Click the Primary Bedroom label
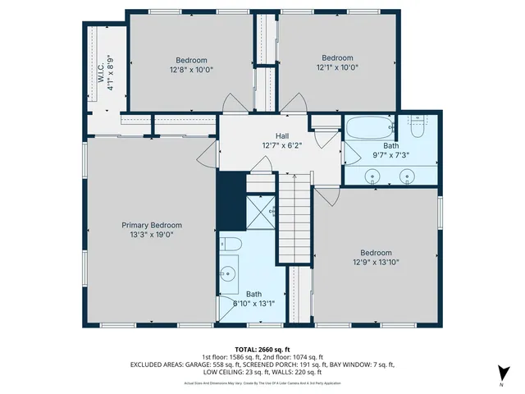152,225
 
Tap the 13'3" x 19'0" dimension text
152,235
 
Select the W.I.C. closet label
101,70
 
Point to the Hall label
281,136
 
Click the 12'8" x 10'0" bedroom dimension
191,70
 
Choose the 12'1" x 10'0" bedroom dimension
337,67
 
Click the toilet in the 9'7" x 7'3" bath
416,128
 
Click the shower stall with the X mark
262,212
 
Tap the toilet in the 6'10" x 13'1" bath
230,244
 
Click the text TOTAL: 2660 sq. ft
262,349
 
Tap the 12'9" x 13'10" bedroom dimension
376,263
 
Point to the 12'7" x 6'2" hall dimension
281,145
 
